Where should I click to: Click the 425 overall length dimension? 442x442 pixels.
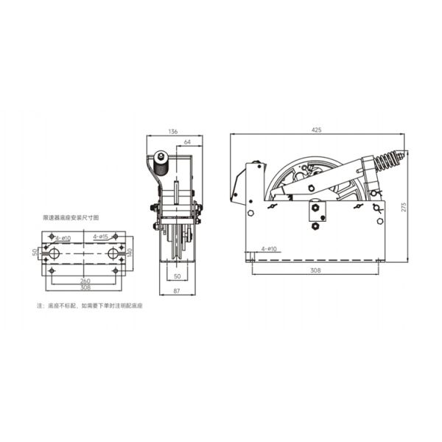point(317,130)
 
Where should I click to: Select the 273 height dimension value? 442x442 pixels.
point(403,208)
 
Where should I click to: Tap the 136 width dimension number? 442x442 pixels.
point(173,131)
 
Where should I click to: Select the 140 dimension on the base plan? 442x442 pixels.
point(131,253)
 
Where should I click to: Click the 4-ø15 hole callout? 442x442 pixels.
point(101,236)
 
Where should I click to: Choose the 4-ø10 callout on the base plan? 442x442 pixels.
point(63,238)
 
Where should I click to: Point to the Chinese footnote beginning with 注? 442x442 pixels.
point(89,305)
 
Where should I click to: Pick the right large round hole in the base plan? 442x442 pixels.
point(113,253)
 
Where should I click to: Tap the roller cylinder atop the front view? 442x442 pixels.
point(160,157)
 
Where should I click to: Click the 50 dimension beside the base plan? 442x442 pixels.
point(35,253)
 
